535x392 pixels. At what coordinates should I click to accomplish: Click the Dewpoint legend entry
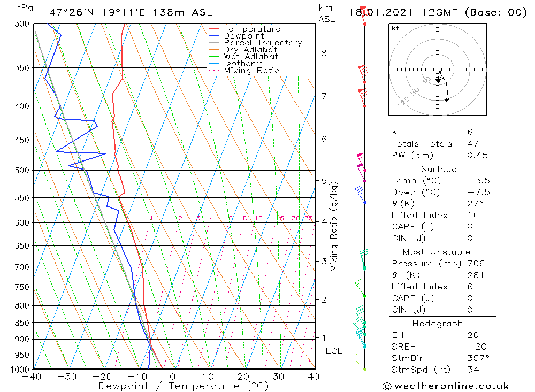[243, 36]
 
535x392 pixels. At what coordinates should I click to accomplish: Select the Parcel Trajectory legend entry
[263, 43]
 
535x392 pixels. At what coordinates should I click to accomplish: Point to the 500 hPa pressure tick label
[22, 170]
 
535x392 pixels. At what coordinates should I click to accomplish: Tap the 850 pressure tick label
[22, 322]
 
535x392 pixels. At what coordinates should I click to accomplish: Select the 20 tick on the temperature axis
[243, 376]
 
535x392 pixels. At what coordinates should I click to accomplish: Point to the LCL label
[333, 351]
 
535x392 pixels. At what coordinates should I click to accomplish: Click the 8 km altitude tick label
[324, 53]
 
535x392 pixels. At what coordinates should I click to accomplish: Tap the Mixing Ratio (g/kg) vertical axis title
[334, 226]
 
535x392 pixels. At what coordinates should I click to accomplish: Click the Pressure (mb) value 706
[475, 264]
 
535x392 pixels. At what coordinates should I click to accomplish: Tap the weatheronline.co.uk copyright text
[446, 386]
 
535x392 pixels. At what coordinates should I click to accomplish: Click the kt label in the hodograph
[395, 28]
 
